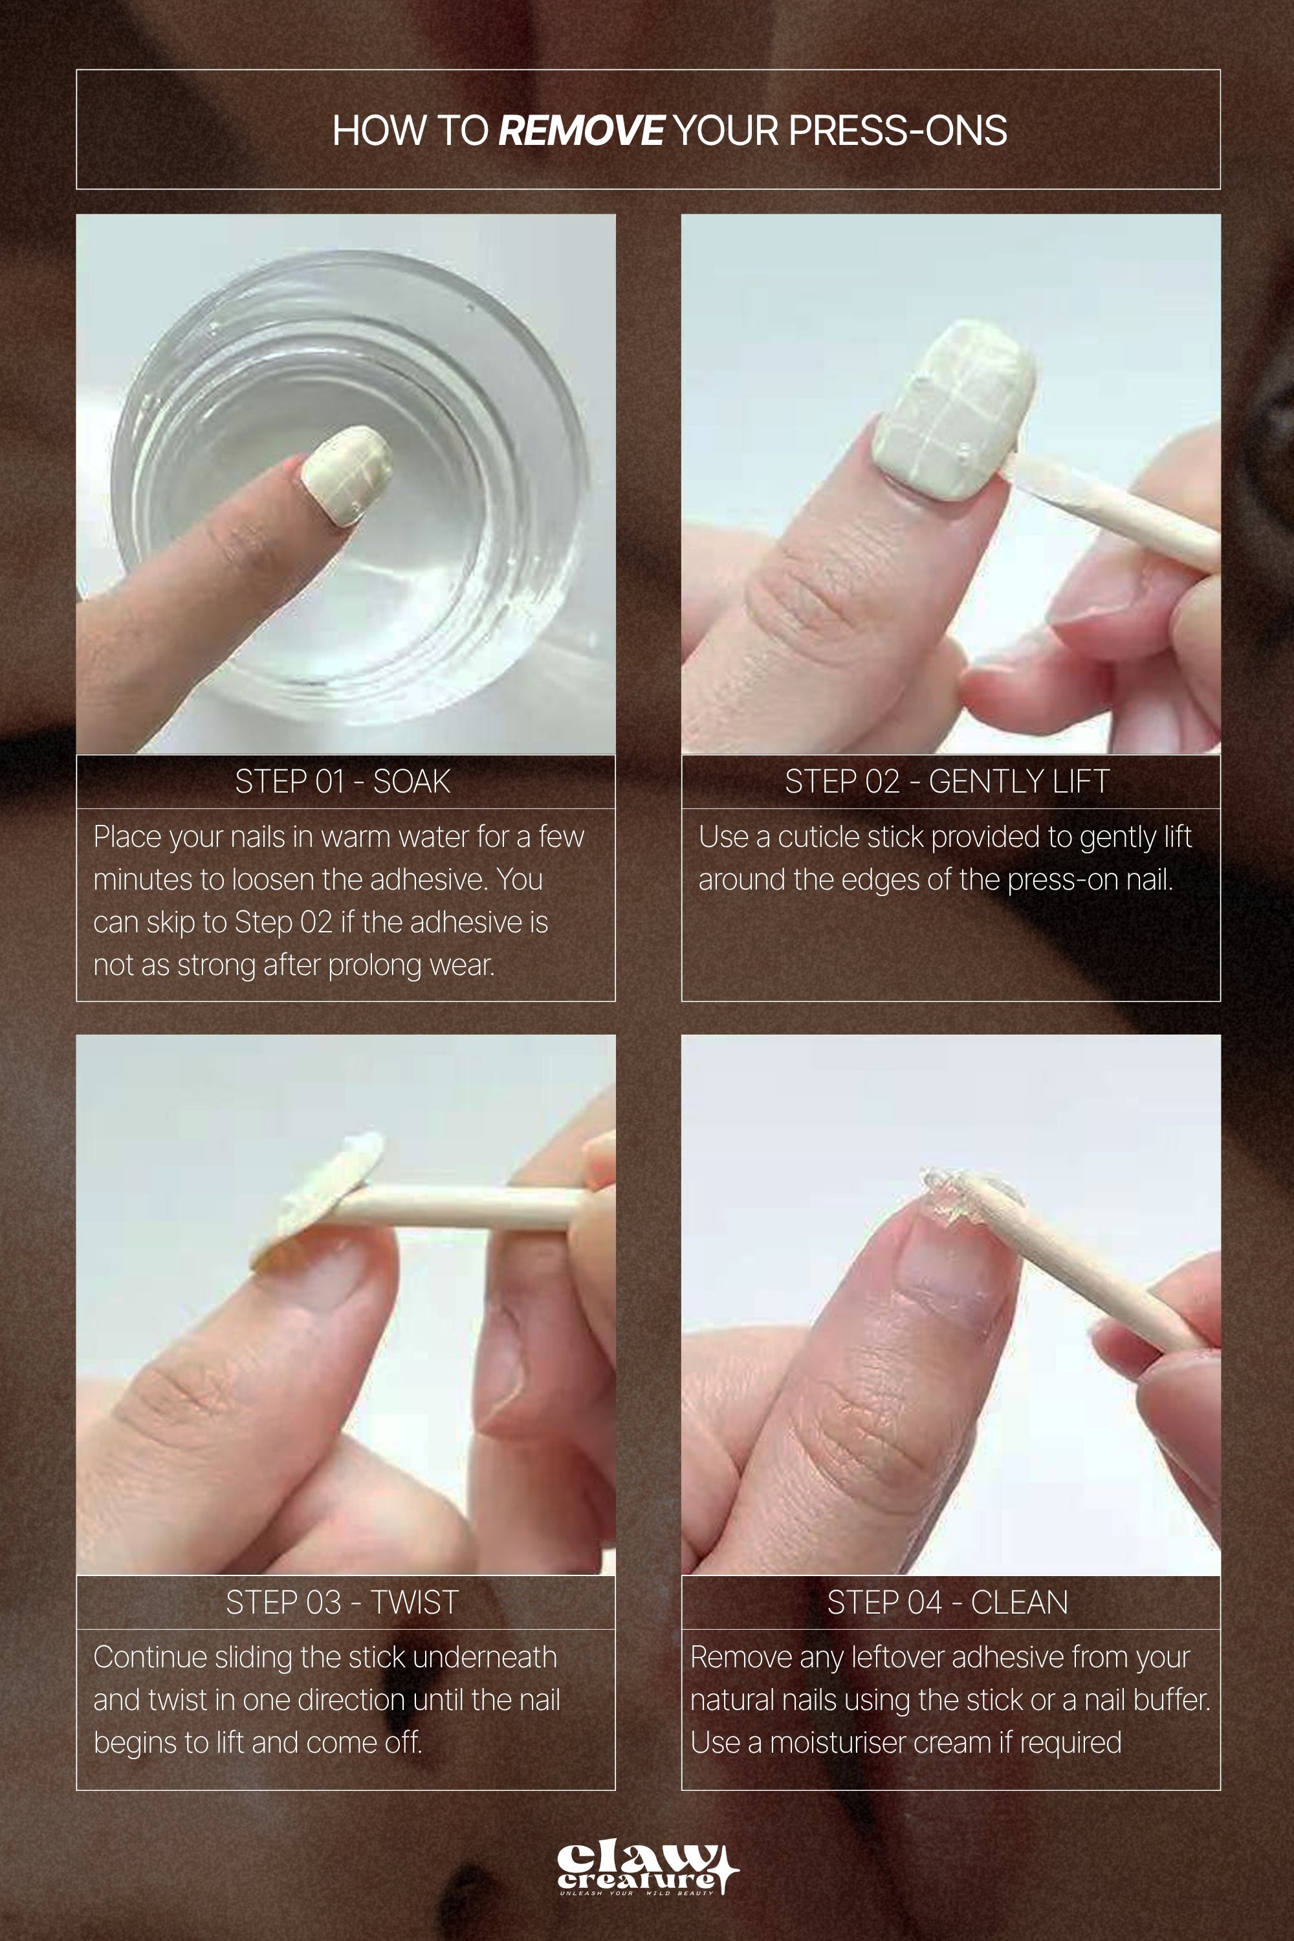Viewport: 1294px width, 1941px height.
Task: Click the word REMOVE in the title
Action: tap(581, 131)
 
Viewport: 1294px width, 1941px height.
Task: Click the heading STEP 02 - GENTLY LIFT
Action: tap(947, 782)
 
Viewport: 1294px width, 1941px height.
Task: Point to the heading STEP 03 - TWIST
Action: tap(342, 1603)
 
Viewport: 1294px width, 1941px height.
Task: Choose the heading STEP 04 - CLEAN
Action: tap(947, 1603)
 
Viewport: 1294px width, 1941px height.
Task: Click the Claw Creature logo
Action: tap(647, 1869)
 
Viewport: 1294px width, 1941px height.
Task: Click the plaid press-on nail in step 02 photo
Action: tap(953, 413)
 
